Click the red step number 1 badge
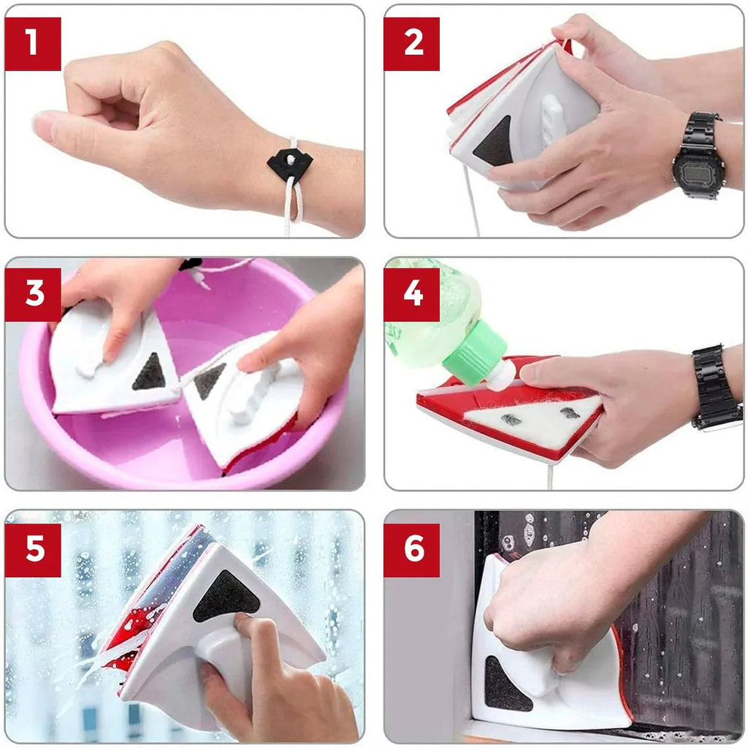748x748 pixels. point(33,44)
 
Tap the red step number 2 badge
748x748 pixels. point(412,44)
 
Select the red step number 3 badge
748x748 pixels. point(33,294)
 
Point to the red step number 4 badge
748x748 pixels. point(412,294)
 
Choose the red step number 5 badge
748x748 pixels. point(33,551)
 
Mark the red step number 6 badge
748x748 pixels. point(412,551)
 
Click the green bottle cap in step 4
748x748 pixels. point(474,352)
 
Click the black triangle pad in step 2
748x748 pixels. point(493,143)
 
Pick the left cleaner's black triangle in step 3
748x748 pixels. point(149,373)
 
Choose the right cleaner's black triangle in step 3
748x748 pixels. point(208,379)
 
